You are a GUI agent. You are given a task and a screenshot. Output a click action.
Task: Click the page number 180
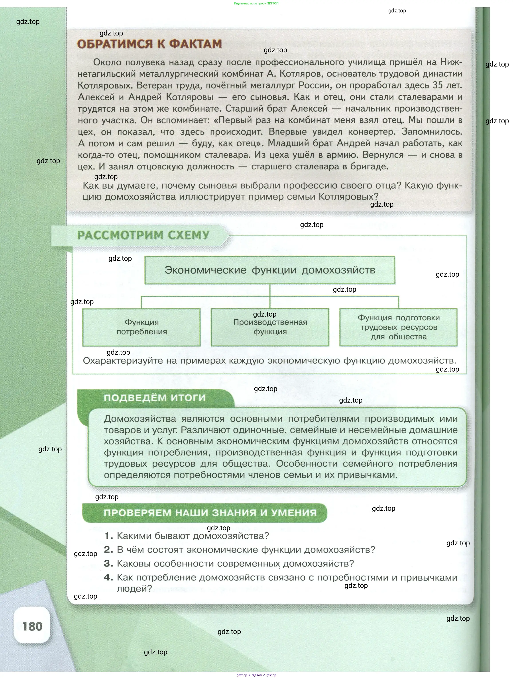click(32, 626)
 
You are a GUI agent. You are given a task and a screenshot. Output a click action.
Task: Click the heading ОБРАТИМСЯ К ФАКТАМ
click(149, 44)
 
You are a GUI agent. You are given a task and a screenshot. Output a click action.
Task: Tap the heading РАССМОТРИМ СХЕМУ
click(143, 235)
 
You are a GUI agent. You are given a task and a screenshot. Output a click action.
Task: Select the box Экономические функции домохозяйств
click(270, 270)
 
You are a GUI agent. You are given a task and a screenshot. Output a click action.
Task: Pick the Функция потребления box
click(142, 327)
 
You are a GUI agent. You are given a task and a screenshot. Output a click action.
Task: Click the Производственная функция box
click(270, 327)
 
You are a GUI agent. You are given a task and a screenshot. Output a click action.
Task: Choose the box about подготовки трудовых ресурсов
click(398, 327)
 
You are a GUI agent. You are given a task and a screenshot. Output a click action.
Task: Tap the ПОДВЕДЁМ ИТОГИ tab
click(155, 398)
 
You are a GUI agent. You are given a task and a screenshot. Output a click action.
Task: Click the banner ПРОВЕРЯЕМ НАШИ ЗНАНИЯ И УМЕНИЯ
click(210, 513)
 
